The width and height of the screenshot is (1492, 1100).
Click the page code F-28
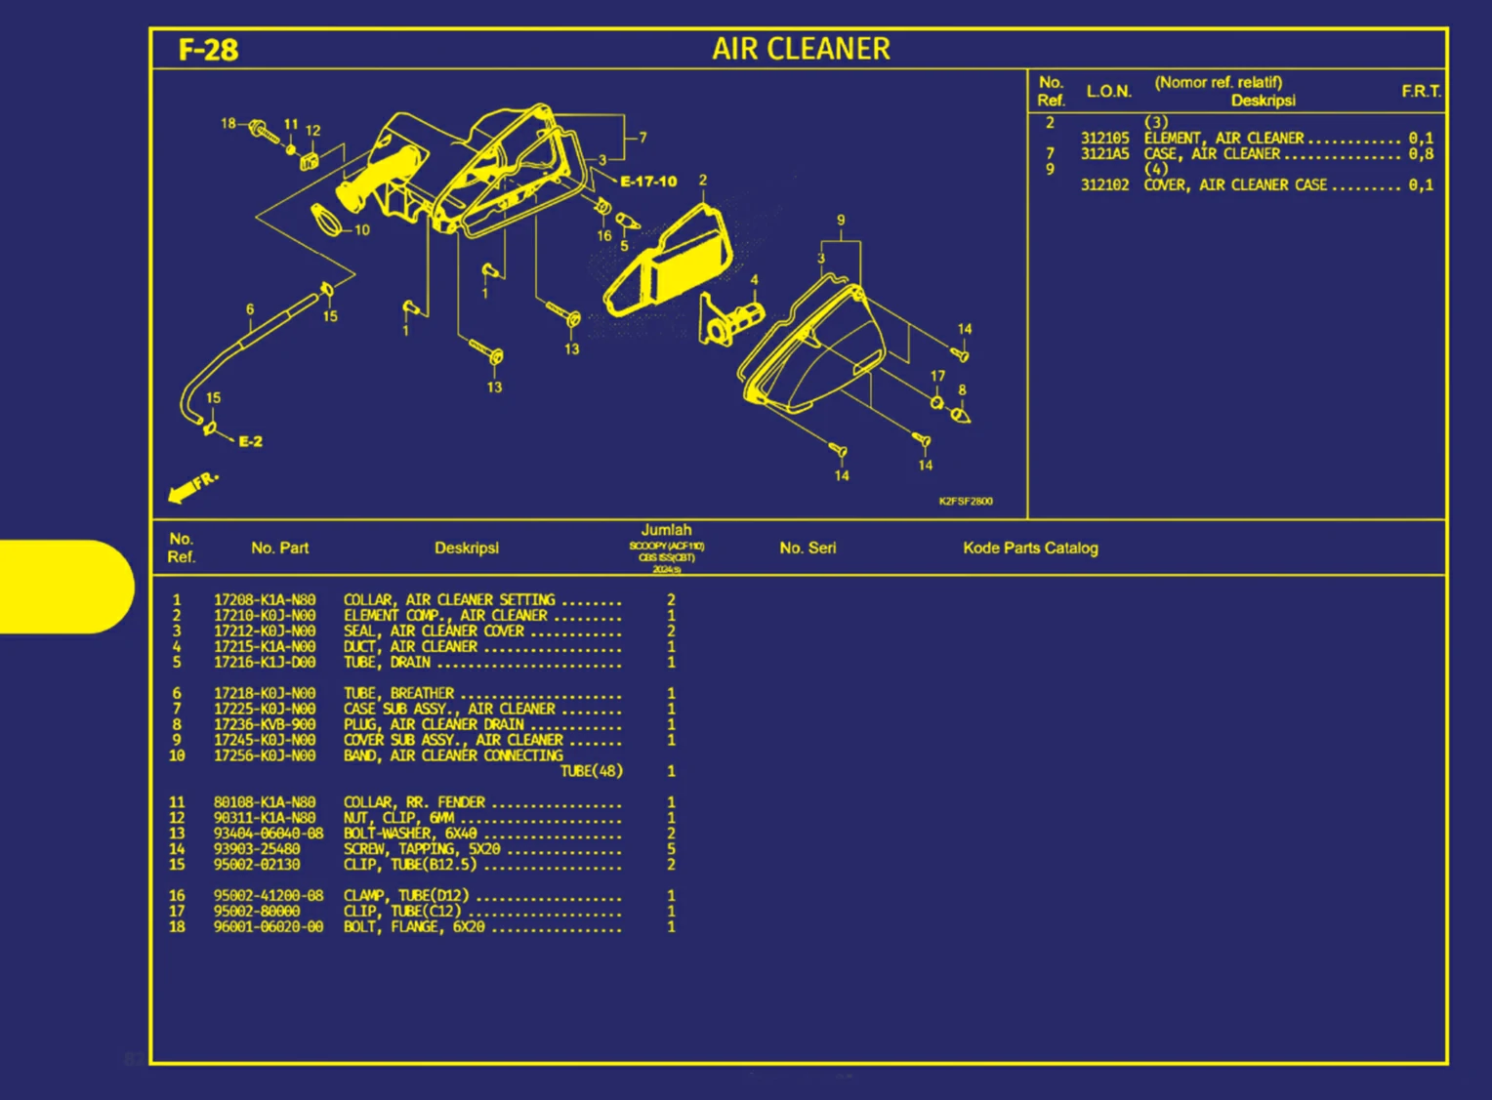208,50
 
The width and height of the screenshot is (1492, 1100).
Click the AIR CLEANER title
801,49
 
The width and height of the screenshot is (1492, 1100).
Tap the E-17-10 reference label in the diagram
648,182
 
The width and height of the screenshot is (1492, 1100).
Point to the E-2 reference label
250,441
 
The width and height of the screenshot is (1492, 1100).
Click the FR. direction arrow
191,487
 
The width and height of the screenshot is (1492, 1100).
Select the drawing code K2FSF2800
965,501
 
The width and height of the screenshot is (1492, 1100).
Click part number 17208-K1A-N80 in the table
265,600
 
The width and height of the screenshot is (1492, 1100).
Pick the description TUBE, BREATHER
398,693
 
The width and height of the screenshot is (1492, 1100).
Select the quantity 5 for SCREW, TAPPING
671,849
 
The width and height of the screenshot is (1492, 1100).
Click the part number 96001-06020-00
269,926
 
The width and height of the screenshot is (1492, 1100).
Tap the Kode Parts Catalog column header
1030,548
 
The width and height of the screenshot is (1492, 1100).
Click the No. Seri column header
808,548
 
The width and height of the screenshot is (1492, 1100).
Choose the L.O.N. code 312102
1104,184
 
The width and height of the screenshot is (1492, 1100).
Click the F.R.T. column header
1421,91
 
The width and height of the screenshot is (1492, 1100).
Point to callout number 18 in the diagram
228,124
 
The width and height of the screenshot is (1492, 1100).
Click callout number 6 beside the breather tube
250,309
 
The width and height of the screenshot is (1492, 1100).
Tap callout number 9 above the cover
841,221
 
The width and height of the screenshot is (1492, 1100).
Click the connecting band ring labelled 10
328,221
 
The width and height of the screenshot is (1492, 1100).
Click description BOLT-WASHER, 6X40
410,834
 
